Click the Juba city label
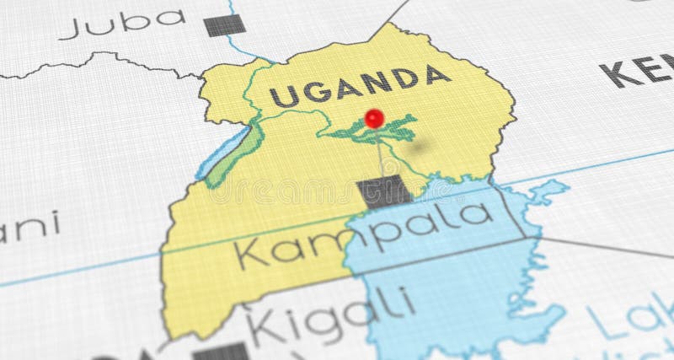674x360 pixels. point(123,23)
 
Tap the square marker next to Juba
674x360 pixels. point(220,25)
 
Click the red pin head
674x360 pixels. point(374,117)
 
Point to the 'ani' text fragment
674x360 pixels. point(29,226)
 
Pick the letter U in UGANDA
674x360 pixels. point(284,97)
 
